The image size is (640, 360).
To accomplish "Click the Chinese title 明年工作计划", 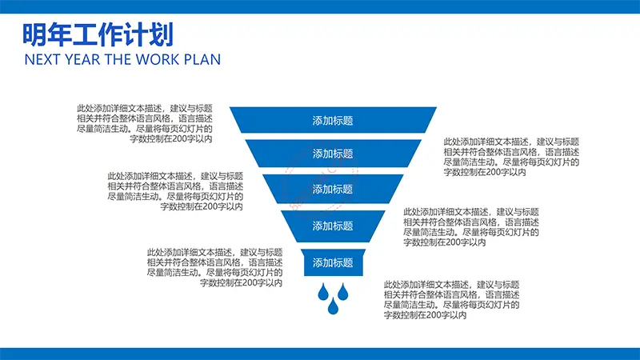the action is (x=98, y=34).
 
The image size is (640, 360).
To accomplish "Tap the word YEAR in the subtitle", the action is (x=82, y=59).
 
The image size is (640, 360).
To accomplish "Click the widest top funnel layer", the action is (x=333, y=120).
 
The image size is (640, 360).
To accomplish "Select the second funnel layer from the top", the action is (x=333, y=154).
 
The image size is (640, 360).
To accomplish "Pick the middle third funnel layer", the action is (x=333, y=189).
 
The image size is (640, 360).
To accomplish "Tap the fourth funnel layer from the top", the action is (x=333, y=226).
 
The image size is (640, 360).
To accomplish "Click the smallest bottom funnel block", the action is (x=333, y=262).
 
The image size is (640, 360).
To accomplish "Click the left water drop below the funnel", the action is (x=323, y=292).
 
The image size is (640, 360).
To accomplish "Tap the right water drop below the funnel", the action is (x=343, y=292).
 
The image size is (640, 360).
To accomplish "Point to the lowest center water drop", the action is (x=333, y=306).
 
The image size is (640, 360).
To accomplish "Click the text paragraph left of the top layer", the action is (x=145, y=123).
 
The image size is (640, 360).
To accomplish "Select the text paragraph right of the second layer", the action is (x=511, y=157).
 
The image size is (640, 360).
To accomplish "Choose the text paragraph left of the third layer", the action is (x=175, y=191).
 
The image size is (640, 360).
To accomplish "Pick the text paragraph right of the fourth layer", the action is (x=471, y=227).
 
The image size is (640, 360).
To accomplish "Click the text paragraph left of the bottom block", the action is (x=214, y=267).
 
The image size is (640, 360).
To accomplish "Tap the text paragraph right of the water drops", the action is (x=451, y=299).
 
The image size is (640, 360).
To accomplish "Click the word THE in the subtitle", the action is (x=118, y=59).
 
